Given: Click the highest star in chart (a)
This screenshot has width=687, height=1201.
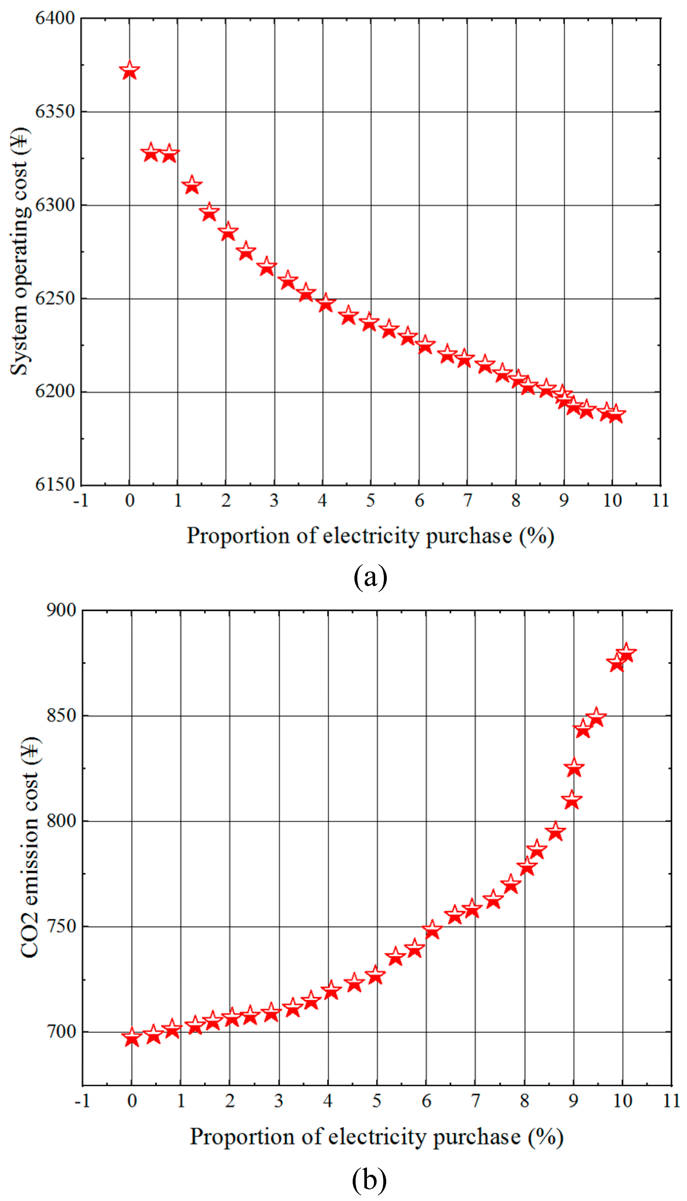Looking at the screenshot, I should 129,71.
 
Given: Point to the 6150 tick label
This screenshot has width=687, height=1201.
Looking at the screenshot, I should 55,485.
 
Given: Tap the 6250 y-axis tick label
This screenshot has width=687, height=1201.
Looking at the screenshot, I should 55,298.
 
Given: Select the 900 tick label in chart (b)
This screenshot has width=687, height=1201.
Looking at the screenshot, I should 61,610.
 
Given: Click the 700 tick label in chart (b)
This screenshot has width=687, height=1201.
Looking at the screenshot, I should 61,1032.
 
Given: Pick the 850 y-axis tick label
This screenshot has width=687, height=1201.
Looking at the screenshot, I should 61,716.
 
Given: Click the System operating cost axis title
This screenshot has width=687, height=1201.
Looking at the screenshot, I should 20,251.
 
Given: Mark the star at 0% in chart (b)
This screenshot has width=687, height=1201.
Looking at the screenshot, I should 132,1038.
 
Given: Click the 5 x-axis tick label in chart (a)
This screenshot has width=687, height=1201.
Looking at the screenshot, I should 370,500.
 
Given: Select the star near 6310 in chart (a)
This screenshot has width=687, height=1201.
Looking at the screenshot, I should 191,185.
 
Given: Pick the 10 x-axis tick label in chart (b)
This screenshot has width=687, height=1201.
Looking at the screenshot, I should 622,1101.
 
